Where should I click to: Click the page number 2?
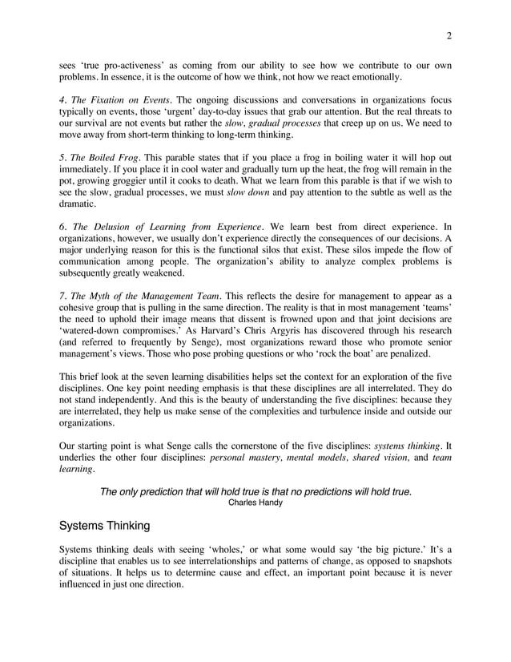pos(449,34)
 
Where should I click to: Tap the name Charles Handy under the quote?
pos(255,503)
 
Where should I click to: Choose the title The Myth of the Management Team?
pos(141,295)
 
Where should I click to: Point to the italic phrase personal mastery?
pos(249,457)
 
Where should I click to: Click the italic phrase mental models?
pos(324,457)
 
